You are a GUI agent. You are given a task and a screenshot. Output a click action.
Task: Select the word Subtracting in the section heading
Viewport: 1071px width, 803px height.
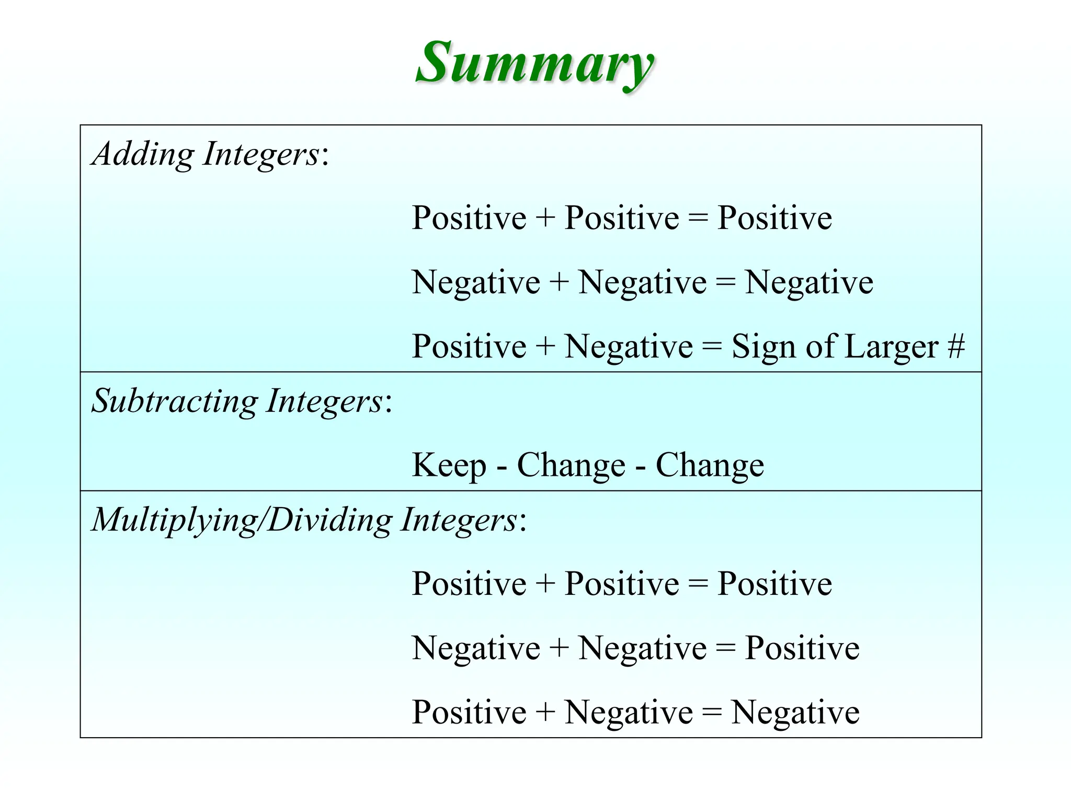tap(175, 401)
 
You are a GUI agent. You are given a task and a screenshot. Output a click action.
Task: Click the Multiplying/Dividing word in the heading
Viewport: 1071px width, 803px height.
tap(241, 520)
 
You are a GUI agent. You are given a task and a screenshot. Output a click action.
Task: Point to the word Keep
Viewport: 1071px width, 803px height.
tap(449, 465)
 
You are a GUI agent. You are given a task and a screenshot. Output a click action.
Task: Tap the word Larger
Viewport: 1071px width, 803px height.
tap(891, 347)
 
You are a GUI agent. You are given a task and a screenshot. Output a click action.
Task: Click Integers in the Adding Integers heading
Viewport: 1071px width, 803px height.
tap(261, 154)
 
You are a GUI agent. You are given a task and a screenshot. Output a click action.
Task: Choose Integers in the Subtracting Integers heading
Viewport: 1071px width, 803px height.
tap(325, 401)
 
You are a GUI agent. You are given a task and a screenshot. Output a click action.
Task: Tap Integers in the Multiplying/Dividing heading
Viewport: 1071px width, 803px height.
tap(459, 520)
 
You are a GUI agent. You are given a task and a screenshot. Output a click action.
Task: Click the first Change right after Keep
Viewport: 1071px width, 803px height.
tap(571, 465)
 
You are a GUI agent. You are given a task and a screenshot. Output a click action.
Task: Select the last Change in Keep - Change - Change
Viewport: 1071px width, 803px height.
tap(710, 465)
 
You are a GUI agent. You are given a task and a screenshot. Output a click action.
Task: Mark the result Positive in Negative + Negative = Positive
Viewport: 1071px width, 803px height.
tap(802, 648)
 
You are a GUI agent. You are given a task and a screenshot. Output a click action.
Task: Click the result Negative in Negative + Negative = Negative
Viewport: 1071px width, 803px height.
tap(808, 283)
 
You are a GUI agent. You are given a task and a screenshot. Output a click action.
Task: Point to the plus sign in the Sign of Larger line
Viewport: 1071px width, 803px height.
tap(545, 346)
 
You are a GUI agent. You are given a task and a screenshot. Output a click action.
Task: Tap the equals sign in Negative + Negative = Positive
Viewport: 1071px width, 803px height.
tap(725, 648)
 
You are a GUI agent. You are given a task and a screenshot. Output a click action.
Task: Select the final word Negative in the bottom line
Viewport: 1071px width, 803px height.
tap(795, 713)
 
